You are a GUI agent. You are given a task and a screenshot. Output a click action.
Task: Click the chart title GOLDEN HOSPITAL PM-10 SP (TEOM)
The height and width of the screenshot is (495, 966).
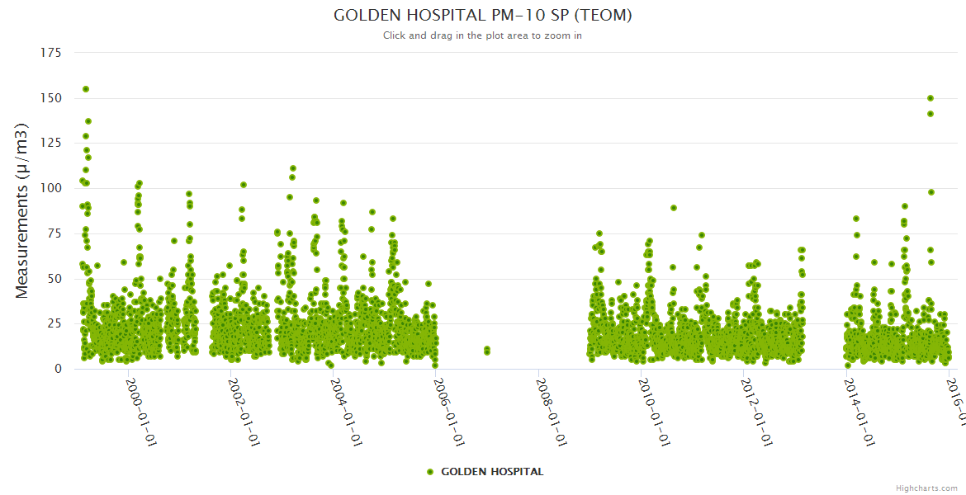point(482,15)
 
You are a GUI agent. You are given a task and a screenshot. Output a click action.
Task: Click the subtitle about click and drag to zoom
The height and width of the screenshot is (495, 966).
point(482,35)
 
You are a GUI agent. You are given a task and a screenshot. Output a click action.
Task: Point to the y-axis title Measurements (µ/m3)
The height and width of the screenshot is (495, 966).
point(23,210)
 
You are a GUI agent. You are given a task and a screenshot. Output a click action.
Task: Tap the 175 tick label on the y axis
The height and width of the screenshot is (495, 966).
point(51,53)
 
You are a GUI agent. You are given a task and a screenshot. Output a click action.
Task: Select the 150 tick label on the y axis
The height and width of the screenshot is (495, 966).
point(51,98)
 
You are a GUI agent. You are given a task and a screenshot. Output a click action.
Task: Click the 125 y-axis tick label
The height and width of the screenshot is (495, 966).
point(51,144)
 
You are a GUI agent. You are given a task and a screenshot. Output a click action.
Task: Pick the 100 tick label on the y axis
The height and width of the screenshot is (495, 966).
point(51,188)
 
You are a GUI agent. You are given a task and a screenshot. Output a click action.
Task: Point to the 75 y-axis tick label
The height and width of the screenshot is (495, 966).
point(54,233)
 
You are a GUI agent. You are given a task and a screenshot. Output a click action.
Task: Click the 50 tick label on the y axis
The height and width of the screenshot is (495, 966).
point(54,279)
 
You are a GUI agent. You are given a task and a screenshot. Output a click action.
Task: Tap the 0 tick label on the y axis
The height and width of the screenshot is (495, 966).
point(58,369)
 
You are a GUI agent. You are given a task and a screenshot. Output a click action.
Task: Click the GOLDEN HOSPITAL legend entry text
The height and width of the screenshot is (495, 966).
point(492,472)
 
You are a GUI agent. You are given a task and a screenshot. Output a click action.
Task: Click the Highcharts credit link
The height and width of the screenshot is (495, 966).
point(926,488)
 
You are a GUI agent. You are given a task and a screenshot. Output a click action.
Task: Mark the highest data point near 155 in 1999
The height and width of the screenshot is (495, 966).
point(86,89)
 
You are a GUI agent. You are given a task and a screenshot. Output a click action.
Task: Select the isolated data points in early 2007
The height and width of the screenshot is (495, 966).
point(487,351)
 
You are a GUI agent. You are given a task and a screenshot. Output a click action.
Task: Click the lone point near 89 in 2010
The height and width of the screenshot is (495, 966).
point(674,208)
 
